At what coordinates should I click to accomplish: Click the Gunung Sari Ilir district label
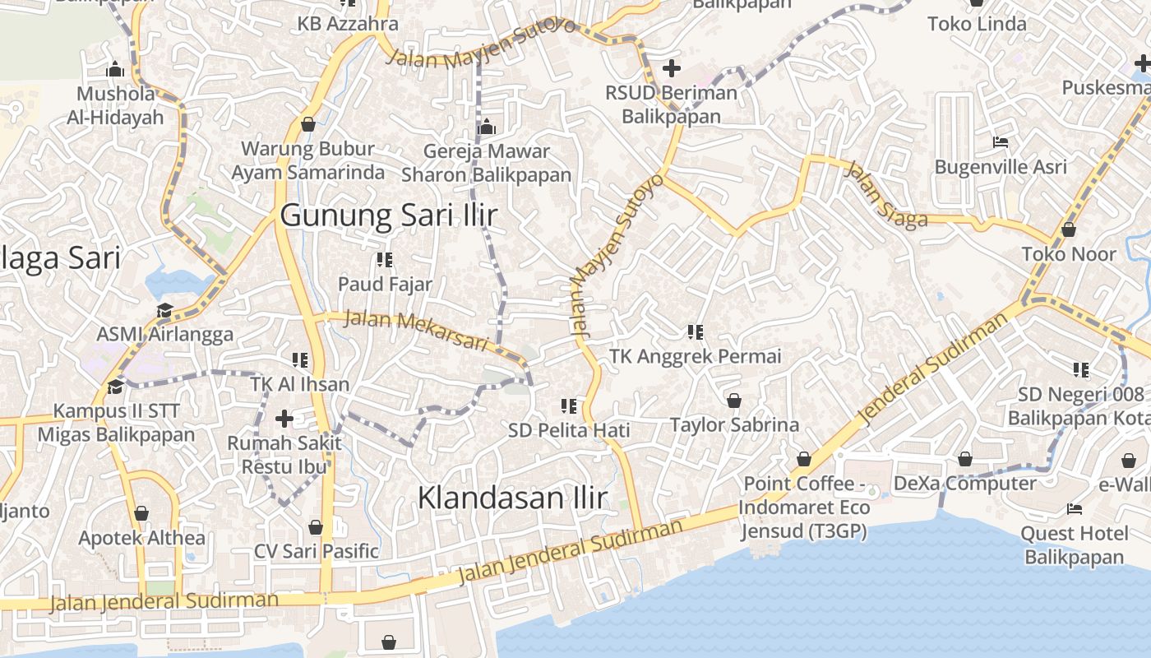388,215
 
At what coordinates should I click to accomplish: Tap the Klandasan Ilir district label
512,498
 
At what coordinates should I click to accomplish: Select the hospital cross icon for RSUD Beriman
672,68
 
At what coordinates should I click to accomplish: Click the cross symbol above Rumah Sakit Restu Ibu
284,419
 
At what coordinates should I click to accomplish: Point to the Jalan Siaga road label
885,195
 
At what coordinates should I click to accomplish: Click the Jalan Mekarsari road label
416,329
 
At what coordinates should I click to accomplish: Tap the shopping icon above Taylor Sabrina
734,401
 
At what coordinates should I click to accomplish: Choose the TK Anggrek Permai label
695,356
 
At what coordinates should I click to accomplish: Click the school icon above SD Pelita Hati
568,405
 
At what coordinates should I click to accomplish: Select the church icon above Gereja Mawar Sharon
487,127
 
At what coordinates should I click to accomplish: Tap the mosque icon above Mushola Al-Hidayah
115,68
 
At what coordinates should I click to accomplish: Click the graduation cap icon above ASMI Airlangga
165,311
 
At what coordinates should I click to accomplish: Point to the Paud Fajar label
385,284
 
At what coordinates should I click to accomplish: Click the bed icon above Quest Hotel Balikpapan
1073,509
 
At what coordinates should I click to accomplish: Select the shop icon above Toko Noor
1069,229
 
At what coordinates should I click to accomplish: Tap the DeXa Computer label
964,483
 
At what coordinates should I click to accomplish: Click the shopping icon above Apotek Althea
141,514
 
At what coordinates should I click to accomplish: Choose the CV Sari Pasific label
317,550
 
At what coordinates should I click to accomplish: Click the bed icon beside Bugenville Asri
1000,142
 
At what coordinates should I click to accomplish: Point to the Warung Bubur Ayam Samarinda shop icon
308,124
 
